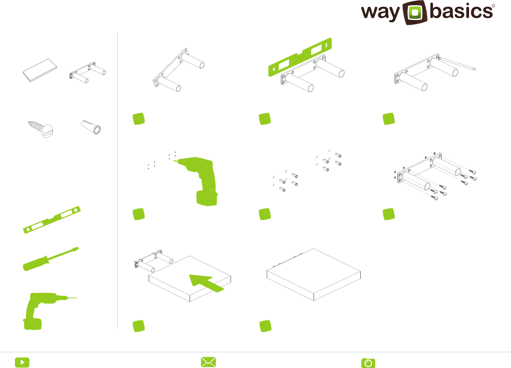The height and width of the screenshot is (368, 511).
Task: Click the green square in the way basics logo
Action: [x=415, y=13]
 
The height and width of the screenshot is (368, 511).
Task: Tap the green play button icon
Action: [x=22, y=362]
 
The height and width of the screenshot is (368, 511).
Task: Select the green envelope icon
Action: [x=208, y=362]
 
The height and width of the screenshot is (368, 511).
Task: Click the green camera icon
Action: [x=368, y=363]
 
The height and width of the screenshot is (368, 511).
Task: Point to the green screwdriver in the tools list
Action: [x=51, y=259]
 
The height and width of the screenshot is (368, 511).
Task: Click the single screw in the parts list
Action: [x=41, y=129]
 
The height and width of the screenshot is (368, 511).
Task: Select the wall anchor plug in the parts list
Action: [x=91, y=127]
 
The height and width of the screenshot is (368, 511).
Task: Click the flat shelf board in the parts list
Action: [x=40, y=70]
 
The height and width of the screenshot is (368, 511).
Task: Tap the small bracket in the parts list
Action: [x=88, y=72]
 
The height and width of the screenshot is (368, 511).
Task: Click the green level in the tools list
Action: [x=52, y=220]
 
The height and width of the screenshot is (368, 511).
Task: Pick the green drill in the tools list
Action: [x=45, y=311]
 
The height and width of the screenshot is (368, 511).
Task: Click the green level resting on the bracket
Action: [x=300, y=57]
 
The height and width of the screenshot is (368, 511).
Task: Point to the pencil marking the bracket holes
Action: [x=457, y=64]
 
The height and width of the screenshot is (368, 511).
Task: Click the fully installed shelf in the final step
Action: [x=314, y=274]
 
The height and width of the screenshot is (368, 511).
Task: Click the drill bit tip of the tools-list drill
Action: [x=77, y=298]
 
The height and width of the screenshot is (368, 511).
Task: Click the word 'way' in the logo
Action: [x=381, y=13]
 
